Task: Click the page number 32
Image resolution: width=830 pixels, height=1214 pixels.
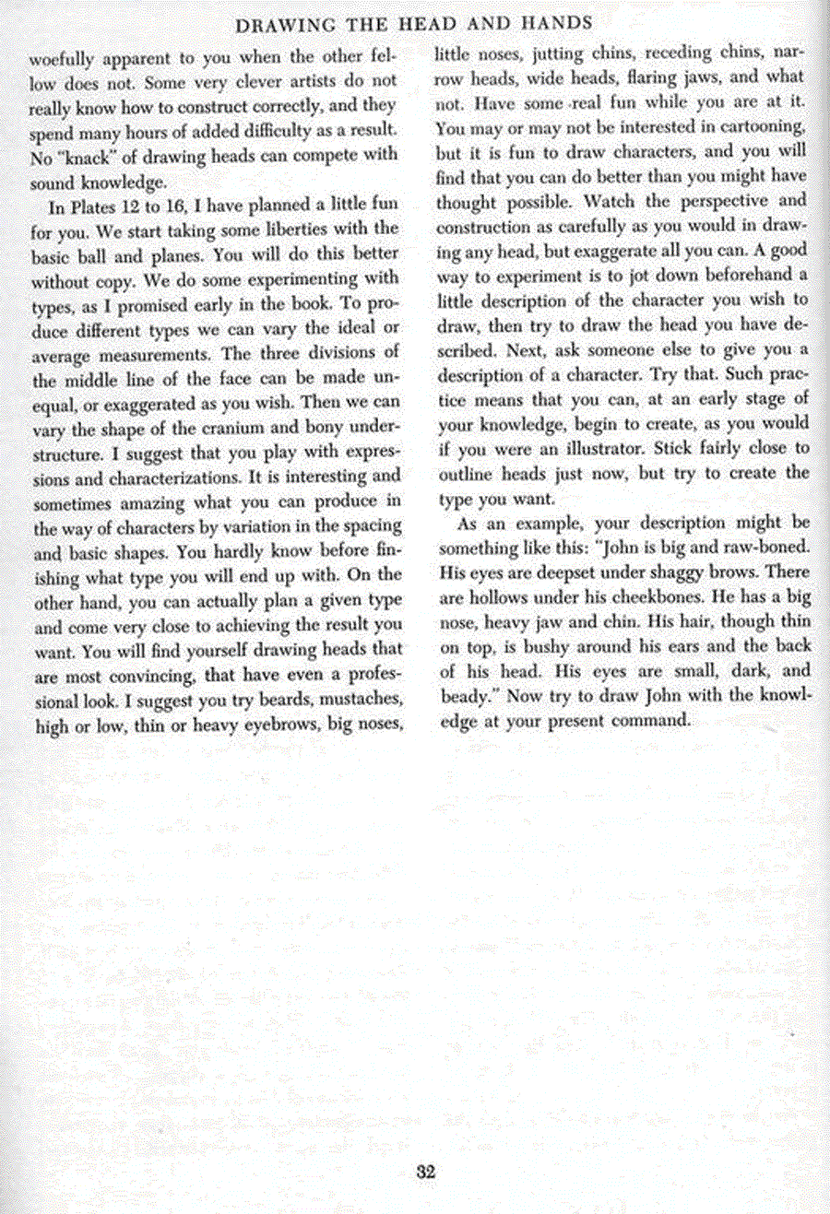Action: click(425, 1173)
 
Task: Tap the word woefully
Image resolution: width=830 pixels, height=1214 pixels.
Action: click(63, 58)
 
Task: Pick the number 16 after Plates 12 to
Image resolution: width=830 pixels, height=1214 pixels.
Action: click(177, 206)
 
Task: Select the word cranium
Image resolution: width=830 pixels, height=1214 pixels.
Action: click(243, 428)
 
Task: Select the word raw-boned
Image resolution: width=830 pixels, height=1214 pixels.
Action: click(765, 546)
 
